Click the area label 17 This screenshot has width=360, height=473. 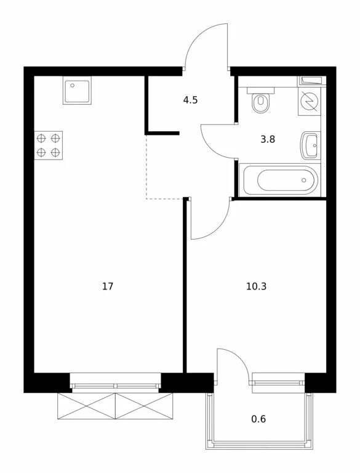[108, 286]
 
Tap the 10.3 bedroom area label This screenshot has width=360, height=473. [256, 286]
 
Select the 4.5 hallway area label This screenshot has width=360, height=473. [190, 100]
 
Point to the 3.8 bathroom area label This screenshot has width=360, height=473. [268, 139]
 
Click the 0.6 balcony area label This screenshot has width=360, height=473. [258, 419]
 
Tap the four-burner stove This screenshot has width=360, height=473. [48, 145]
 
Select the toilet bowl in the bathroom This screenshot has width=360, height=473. [261, 102]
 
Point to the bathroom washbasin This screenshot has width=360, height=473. [310, 145]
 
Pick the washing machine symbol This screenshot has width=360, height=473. [310, 102]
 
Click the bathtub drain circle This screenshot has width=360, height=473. [304, 180]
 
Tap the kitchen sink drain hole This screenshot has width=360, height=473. [73, 86]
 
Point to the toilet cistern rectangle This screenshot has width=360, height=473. [261, 90]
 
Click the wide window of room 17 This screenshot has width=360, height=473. [116, 382]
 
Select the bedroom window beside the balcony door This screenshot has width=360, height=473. [279, 382]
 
